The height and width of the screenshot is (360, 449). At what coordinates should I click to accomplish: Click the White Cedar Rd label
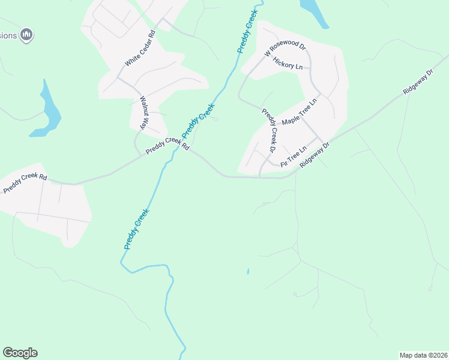140,49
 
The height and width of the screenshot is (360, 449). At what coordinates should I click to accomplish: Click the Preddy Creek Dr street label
269,130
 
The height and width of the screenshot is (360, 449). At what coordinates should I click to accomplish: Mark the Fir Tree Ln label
294,155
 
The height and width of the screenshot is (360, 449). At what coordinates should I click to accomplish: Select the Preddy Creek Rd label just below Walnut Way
167,145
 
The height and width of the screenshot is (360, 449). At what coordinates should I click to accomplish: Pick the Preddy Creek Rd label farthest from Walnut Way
25,183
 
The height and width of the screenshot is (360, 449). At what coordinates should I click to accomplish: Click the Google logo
20,353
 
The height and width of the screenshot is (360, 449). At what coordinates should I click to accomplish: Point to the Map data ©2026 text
424,355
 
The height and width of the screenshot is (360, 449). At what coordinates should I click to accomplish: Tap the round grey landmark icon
26,35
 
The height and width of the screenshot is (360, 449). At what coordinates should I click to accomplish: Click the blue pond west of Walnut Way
48,111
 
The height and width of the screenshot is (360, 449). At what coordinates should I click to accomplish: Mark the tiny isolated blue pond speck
247,272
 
